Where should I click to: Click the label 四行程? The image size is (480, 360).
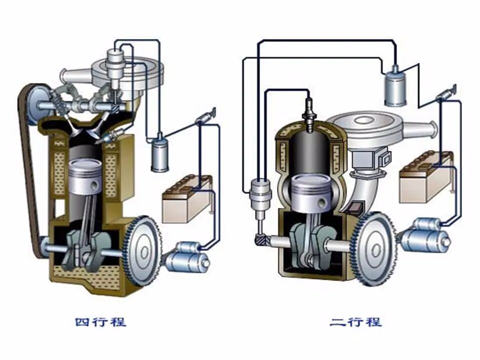point(100,322)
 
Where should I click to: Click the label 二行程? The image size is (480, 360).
point(355,322)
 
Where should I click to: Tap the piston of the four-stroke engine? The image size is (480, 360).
point(85,178)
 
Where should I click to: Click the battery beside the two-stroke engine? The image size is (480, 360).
point(426,177)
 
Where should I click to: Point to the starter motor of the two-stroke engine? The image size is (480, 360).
point(424,234)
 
